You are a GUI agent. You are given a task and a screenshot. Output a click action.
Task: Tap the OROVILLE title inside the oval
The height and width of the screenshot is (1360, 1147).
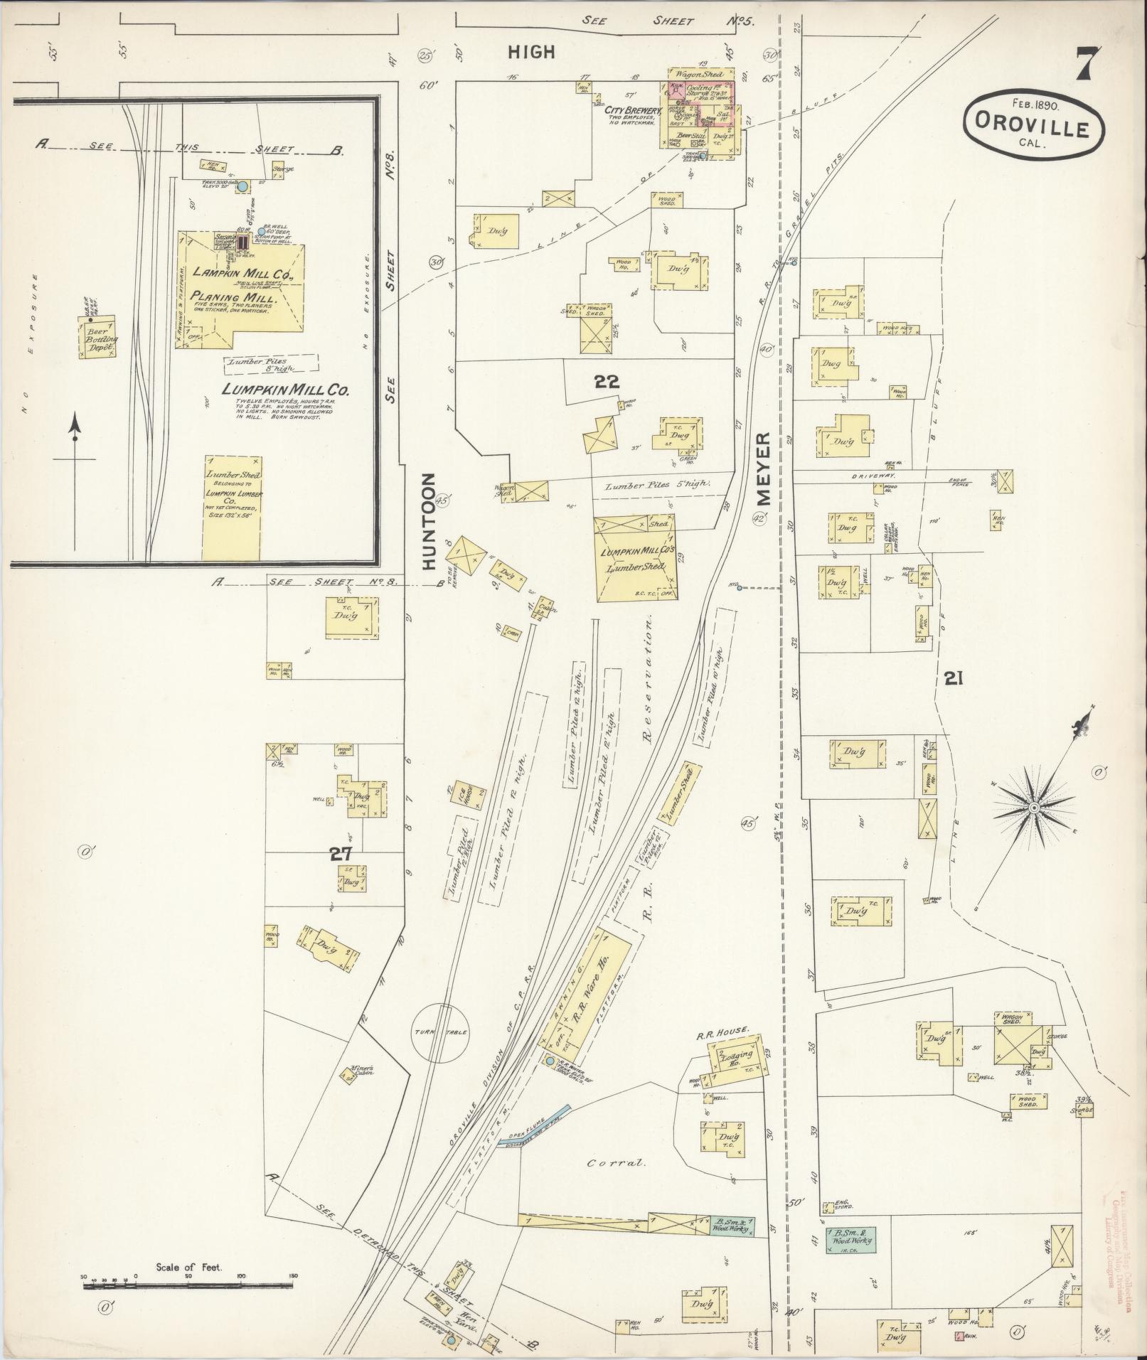[x=1034, y=129]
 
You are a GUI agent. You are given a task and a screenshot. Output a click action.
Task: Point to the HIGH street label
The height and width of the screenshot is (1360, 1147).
[x=531, y=52]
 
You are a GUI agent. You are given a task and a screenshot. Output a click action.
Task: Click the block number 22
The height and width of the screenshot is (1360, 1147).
[x=607, y=382]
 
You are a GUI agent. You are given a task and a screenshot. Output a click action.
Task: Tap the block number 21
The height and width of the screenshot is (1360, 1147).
[x=954, y=679]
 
